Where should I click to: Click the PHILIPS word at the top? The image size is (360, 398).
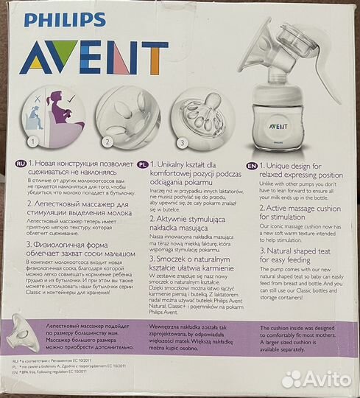point(64,18)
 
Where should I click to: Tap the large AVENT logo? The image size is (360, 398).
point(94,57)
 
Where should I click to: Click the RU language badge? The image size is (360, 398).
point(18,167)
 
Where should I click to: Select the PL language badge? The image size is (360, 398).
point(141,167)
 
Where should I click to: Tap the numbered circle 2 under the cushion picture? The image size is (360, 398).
point(107,140)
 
